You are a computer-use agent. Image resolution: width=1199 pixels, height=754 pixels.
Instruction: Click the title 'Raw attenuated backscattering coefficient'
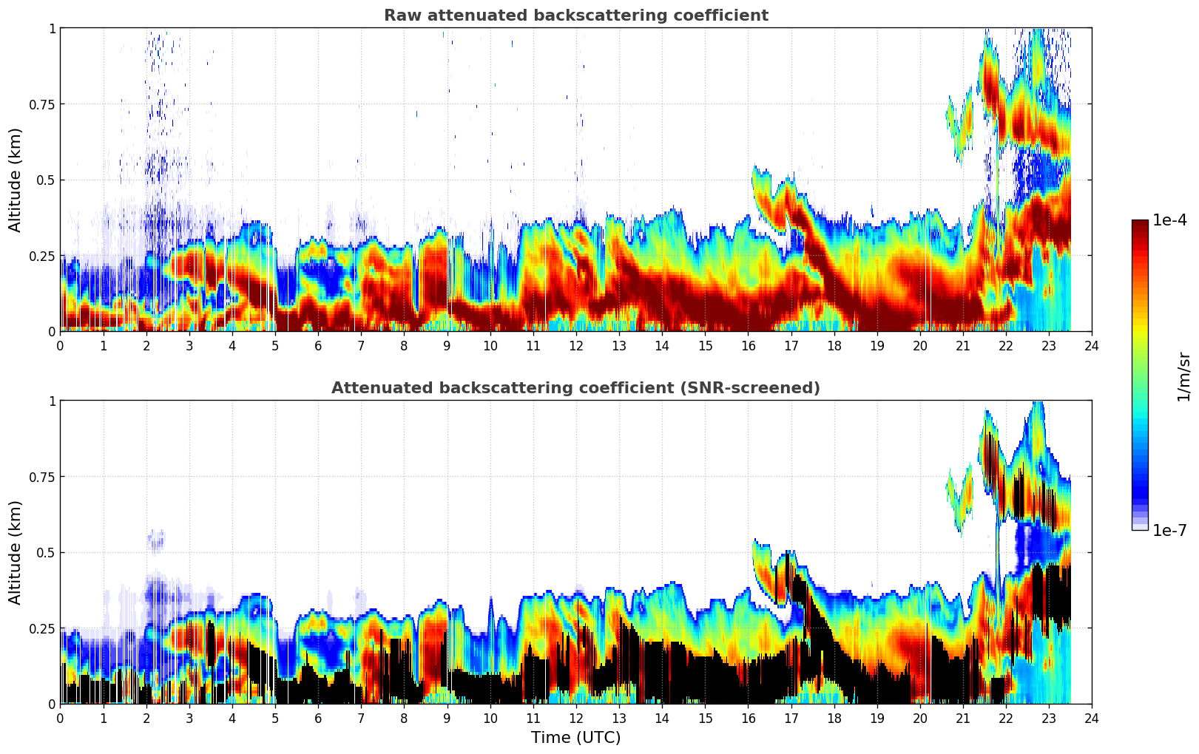point(575,16)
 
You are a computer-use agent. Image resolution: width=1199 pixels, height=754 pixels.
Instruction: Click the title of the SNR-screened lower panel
point(575,388)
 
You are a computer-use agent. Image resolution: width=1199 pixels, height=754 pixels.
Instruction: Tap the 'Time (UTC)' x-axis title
point(575,738)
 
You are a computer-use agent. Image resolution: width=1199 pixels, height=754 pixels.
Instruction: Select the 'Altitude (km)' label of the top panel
point(16,180)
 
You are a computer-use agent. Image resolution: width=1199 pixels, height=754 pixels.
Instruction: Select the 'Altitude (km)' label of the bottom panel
point(16,552)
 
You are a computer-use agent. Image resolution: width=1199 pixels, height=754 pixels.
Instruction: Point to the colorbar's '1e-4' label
point(1170,220)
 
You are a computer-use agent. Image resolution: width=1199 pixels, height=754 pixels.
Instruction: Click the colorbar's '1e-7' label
point(1170,530)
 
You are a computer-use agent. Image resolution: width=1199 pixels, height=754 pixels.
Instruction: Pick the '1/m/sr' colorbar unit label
point(1183,377)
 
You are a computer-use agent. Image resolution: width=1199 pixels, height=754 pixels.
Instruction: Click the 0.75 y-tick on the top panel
point(42,104)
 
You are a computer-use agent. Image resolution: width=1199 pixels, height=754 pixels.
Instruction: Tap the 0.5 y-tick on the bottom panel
point(47,553)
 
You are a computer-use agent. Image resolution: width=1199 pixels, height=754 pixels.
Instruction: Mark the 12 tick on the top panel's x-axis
point(575,345)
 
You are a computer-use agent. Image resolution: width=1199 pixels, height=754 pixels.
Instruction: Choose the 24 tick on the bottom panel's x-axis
point(1092,718)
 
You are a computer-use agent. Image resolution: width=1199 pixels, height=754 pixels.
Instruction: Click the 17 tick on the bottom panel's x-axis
point(791,718)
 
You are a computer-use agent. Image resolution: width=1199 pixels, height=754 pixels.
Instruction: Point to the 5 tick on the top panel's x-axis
point(275,345)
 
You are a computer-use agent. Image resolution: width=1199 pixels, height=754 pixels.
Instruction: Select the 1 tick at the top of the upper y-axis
point(52,28)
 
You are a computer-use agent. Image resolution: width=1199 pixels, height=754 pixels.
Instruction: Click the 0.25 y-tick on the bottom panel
point(42,628)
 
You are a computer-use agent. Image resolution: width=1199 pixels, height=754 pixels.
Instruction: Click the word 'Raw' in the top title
point(399,16)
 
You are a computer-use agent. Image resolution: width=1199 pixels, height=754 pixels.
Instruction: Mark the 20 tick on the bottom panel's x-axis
point(919,718)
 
